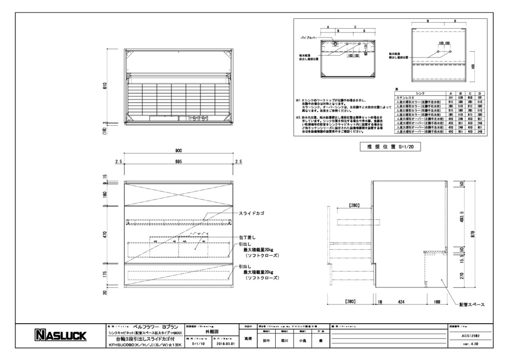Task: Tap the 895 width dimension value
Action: pos(179,162)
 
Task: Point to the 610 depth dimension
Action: pos(105,85)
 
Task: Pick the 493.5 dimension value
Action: pos(462,218)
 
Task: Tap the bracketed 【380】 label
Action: pos(350,300)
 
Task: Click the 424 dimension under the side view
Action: pos(401,300)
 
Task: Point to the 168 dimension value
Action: pos(438,300)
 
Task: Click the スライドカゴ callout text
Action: pos(252,213)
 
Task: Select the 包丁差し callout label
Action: pos(249,237)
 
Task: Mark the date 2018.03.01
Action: pos(225,344)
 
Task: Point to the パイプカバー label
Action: pos(309,36)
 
